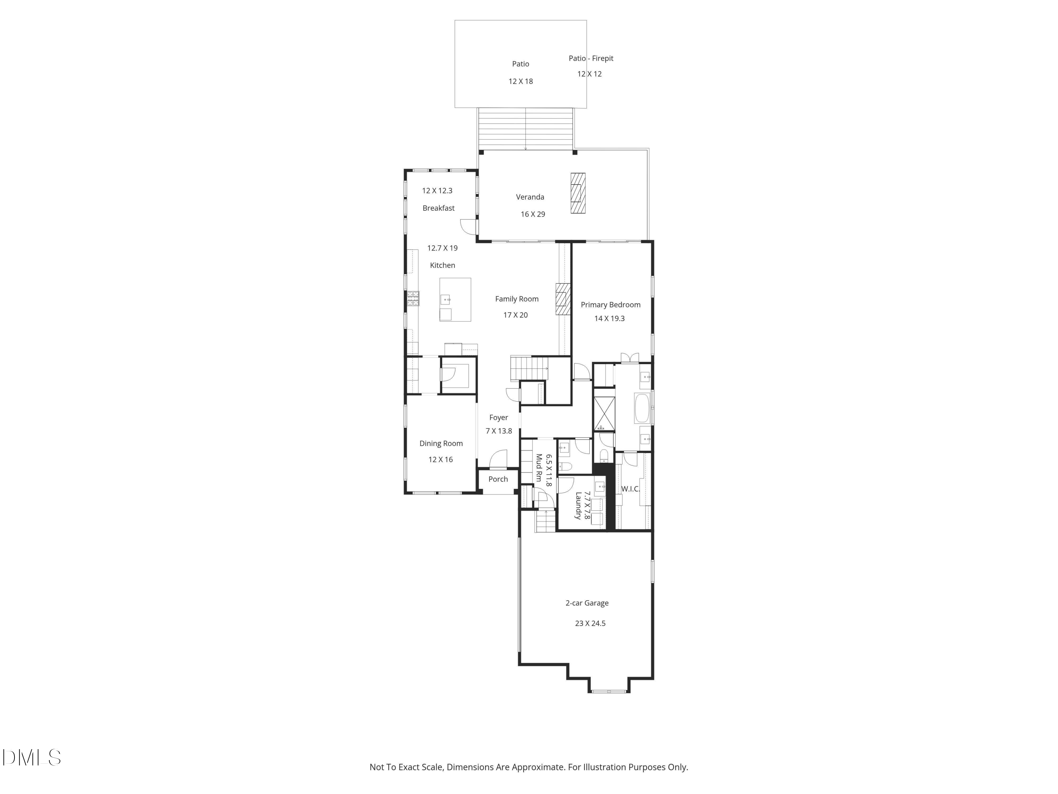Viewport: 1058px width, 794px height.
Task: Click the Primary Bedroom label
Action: [610, 305]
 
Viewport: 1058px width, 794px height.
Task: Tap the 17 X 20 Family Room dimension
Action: [515, 315]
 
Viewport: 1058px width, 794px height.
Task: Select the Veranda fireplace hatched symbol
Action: [578, 193]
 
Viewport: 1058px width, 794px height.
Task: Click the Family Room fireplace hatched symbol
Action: [563, 299]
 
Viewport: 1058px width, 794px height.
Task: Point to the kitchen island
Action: [455, 300]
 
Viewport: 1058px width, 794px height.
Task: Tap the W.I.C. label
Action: [630, 489]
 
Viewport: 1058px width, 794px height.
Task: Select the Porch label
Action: [498, 479]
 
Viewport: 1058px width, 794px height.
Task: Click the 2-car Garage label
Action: [587, 603]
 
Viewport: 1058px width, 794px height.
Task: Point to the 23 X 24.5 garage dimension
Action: [590, 623]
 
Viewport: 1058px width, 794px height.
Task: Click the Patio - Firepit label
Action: [591, 58]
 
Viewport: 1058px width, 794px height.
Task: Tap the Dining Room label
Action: [441, 443]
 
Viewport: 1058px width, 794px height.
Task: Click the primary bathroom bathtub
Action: [642, 408]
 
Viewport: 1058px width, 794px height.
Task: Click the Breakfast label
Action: [438, 208]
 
